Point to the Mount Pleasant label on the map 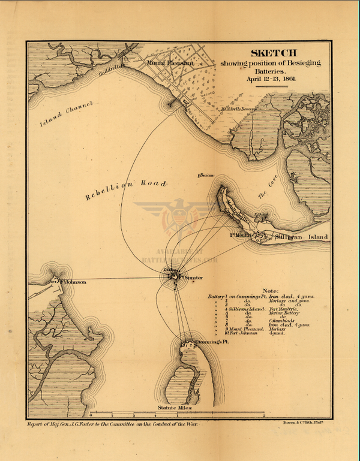pos(170,62)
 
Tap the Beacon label pos(206,175)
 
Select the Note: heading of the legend pos(271,290)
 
